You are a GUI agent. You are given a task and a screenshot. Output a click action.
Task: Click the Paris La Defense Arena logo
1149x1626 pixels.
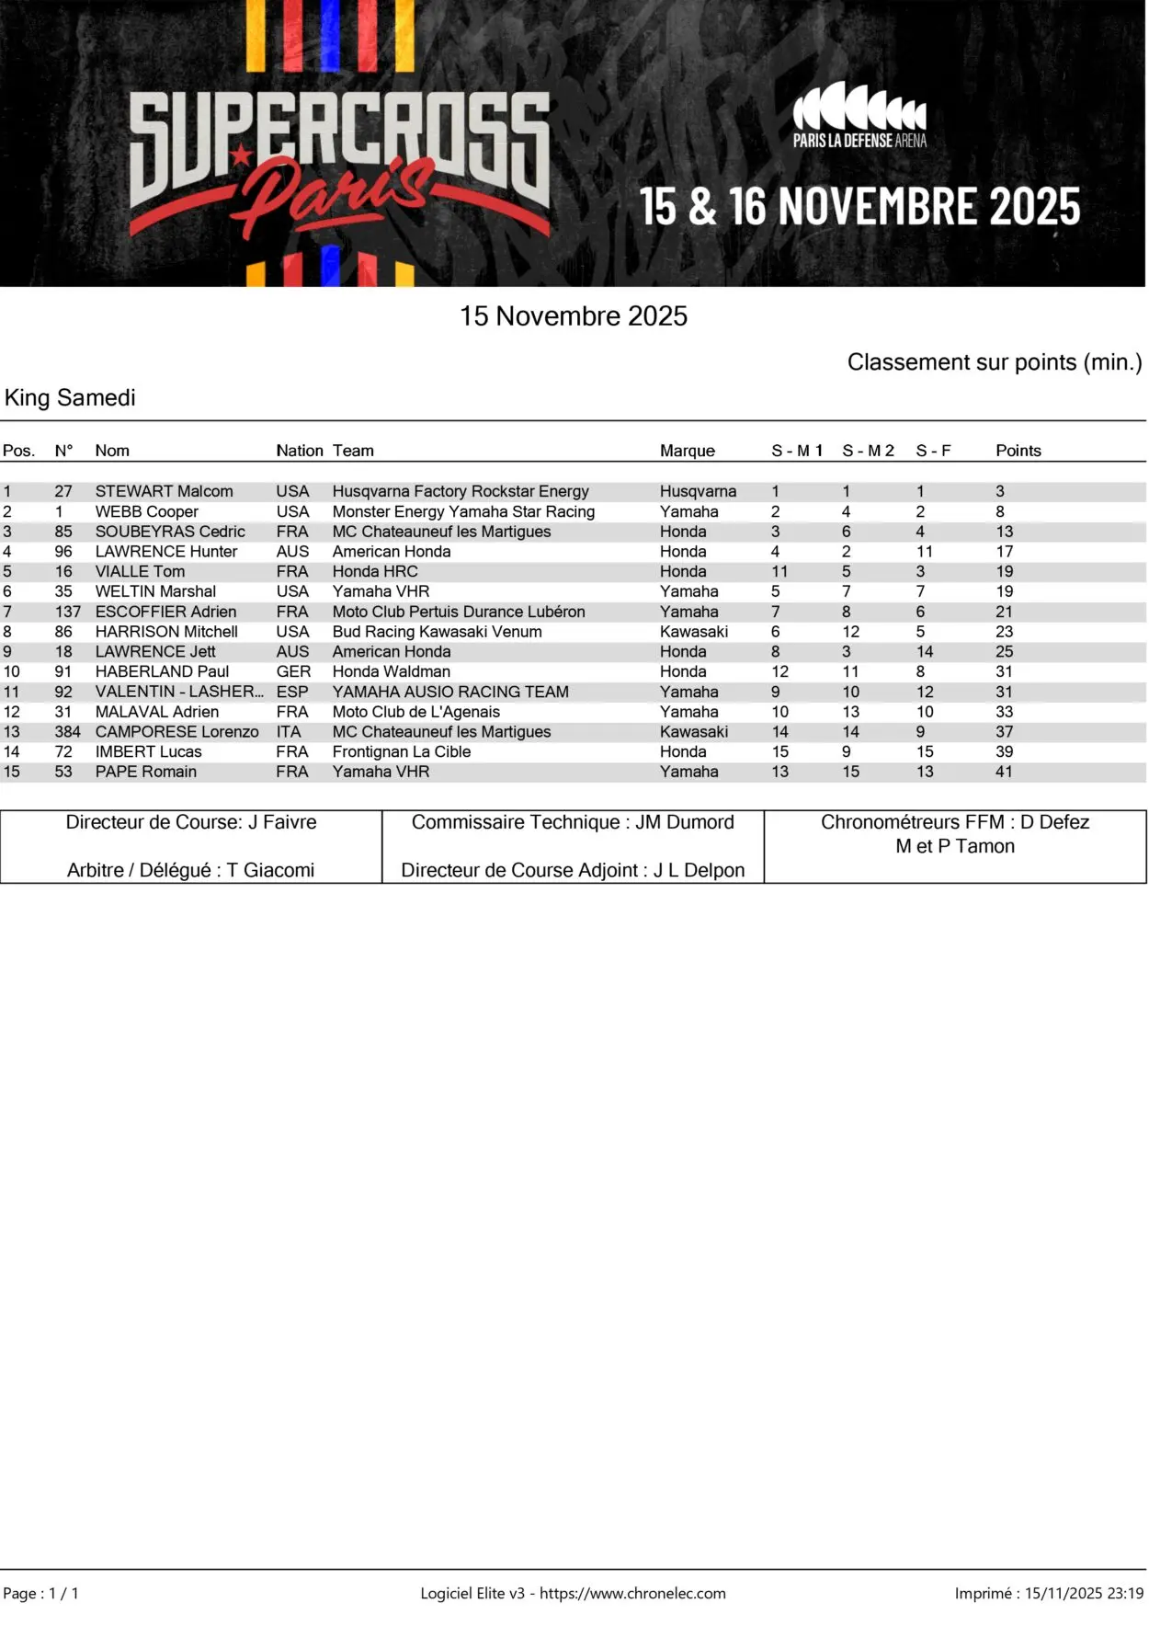[x=859, y=116]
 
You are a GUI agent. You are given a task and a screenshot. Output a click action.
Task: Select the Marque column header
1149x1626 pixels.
[x=687, y=451]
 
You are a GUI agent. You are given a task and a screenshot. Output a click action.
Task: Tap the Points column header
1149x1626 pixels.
[x=1018, y=451]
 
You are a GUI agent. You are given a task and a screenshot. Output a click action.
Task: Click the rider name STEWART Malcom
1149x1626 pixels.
[x=164, y=491]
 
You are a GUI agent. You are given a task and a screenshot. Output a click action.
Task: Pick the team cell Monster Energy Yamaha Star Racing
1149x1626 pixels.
[x=463, y=511]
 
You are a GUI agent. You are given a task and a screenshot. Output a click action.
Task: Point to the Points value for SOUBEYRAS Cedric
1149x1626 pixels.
[x=1004, y=532]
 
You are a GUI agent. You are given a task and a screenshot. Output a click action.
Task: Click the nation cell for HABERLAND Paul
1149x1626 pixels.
[x=293, y=671]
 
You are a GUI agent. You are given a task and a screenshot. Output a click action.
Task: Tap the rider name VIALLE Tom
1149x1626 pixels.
[x=140, y=571]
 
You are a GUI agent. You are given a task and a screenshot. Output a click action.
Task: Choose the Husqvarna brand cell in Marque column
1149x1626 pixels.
[x=698, y=491]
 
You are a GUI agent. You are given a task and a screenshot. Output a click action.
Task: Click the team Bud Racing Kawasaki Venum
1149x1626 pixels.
[x=437, y=632]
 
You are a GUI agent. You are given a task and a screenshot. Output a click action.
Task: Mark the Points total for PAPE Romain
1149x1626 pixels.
[x=1004, y=772]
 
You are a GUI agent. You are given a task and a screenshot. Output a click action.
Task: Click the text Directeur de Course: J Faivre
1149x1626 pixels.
[x=191, y=822]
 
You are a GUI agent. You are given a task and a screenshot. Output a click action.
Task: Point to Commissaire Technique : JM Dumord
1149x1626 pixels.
[x=573, y=822]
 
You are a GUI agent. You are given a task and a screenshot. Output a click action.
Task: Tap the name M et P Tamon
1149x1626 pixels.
[x=955, y=846]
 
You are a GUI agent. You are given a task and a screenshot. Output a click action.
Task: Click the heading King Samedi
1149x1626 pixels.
[x=70, y=397]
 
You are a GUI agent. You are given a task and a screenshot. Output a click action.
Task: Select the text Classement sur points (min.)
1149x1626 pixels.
[x=994, y=362]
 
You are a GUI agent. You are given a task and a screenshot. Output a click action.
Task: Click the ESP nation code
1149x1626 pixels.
[x=292, y=692]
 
